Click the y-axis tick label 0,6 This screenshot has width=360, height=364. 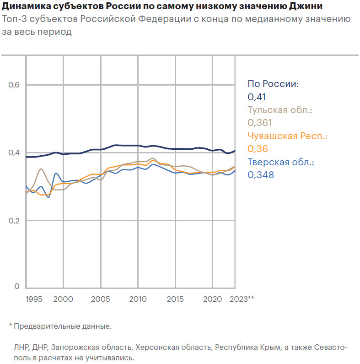[x=14, y=85]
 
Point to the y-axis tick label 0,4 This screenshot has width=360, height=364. [x=14, y=152]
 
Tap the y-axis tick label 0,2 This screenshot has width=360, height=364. [x=14, y=220]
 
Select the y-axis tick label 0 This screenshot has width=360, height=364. [x=16, y=287]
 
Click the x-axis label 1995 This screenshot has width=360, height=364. [x=34, y=299]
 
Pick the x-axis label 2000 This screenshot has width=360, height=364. [x=64, y=299]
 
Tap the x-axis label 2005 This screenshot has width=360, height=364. [x=101, y=299]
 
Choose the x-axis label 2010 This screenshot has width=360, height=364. [x=138, y=299]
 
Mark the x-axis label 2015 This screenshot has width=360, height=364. [x=175, y=299]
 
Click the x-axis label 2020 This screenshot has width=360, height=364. [x=212, y=299]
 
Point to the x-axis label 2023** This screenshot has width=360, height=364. [x=242, y=299]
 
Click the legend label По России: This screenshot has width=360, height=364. [x=273, y=84]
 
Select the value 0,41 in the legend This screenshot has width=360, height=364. [x=257, y=97]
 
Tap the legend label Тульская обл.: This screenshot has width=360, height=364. [x=279, y=110]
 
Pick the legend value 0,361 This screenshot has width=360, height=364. [x=259, y=123]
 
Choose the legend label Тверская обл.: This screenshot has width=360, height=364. [x=281, y=162]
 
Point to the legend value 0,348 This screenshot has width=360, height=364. [x=261, y=174]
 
